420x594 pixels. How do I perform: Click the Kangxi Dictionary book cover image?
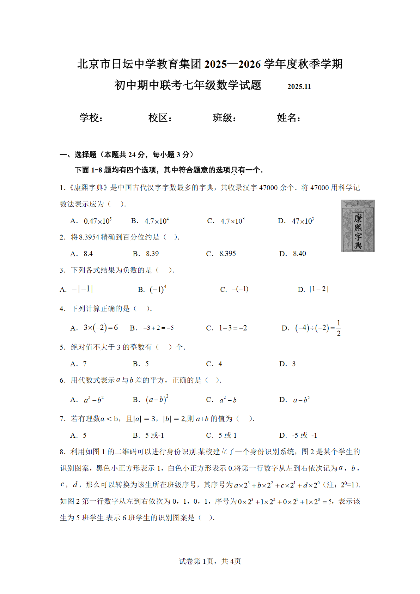pyautogui.click(x=358, y=226)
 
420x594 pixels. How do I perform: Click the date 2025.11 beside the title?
pyautogui.click(x=299, y=87)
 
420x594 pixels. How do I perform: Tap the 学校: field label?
pyautogui.click(x=91, y=118)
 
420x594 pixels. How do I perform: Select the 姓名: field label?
pyautogui.click(x=289, y=118)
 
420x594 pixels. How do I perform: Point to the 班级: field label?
pyautogui.click(x=224, y=118)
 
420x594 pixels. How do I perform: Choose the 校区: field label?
pyautogui.click(x=160, y=118)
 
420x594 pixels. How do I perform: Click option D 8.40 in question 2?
pyautogui.click(x=299, y=254)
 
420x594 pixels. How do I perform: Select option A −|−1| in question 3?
pyautogui.click(x=82, y=290)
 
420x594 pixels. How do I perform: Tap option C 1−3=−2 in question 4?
pyautogui.click(x=233, y=328)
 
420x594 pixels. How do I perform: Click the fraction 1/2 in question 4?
pyautogui.click(x=339, y=328)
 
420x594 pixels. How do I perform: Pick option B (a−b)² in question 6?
pyautogui.click(x=157, y=400)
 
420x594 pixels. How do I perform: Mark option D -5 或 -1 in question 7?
pyautogui.click(x=304, y=436)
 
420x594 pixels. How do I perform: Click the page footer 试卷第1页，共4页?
pyautogui.click(x=210, y=561)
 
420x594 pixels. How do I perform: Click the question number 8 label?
pyautogui.click(x=62, y=452)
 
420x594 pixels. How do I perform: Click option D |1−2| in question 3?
pyautogui.click(x=319, y=289)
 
